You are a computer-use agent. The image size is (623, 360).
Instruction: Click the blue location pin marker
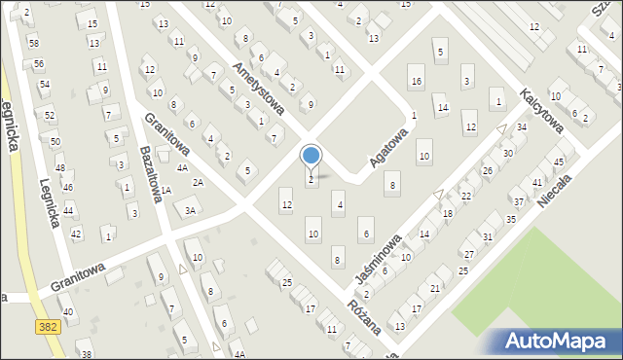click(311, 157)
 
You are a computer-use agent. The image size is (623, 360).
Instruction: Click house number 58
click(34, 44)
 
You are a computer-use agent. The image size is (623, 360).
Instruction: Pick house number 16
click(417, 81)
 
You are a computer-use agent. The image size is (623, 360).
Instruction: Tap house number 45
click(559, 162)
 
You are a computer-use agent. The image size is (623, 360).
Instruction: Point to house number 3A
click(191, 210)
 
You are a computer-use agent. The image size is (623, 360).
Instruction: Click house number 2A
click(198, 182)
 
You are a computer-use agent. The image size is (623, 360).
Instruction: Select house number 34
click(522, 127)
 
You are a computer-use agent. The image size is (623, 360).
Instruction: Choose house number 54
click(44, 85)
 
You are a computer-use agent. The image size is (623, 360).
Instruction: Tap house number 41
click(537, 183)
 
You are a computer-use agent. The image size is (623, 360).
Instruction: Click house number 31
click(488, 237)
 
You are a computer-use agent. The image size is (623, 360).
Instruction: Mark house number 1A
click(166, 191)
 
